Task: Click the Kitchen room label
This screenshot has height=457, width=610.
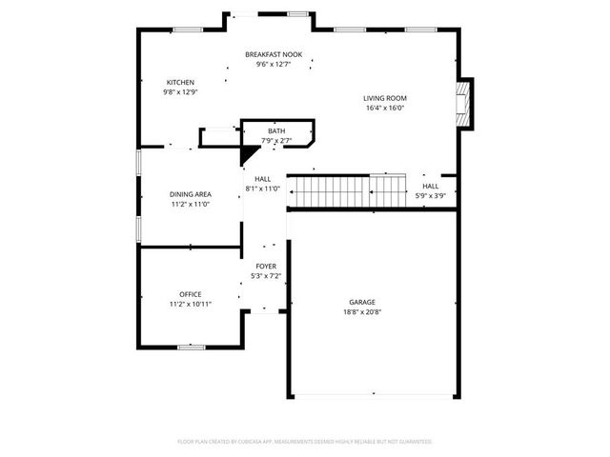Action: [x=181, y=82]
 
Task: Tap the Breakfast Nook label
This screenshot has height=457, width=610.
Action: [x=274, y=54]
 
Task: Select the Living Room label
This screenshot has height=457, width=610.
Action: [x=385, y=98]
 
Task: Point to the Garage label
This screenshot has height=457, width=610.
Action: [x=363, y=302]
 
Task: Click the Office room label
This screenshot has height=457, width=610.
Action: [x=191, y=293]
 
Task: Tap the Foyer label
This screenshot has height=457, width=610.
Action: [x=266, y=266]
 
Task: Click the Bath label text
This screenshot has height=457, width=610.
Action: [x=275, y=130]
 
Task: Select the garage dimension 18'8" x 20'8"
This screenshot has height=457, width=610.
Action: [x=363, y=312]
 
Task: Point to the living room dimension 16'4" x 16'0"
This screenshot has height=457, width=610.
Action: [x=385, y=108]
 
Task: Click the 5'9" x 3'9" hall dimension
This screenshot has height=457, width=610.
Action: [x=431, y=195]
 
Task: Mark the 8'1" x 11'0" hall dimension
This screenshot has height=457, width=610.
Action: [x=262, y=189]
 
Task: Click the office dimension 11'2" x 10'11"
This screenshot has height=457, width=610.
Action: [x=191, y=304]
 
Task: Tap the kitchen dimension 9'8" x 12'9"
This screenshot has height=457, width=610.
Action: [x=181, y=92]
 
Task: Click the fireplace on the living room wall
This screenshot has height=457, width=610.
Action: [x=464, y=104]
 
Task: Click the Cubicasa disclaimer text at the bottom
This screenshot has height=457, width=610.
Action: [x=305, y=442]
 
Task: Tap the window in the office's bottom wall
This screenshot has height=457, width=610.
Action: [x=192, y=348]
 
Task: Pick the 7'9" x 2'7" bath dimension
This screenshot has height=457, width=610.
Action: [x=275, y=141]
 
